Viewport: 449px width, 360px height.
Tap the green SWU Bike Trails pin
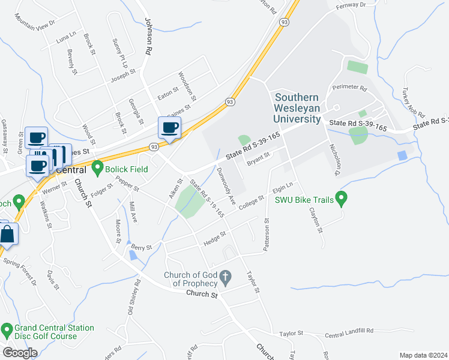coord(342,196)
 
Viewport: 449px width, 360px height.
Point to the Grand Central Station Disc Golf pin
coord(7,329)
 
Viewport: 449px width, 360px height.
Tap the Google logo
coord(20,353)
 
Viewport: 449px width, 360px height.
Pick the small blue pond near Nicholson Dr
coord(401,155)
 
